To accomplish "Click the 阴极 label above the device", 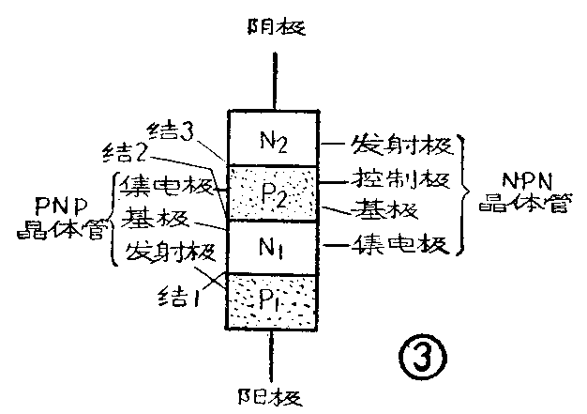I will click(274, 26).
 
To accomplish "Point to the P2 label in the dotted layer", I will click(275, 194).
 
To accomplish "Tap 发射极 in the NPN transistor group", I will click(402, 146).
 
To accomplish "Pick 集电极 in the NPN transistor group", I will click(404, 246).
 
